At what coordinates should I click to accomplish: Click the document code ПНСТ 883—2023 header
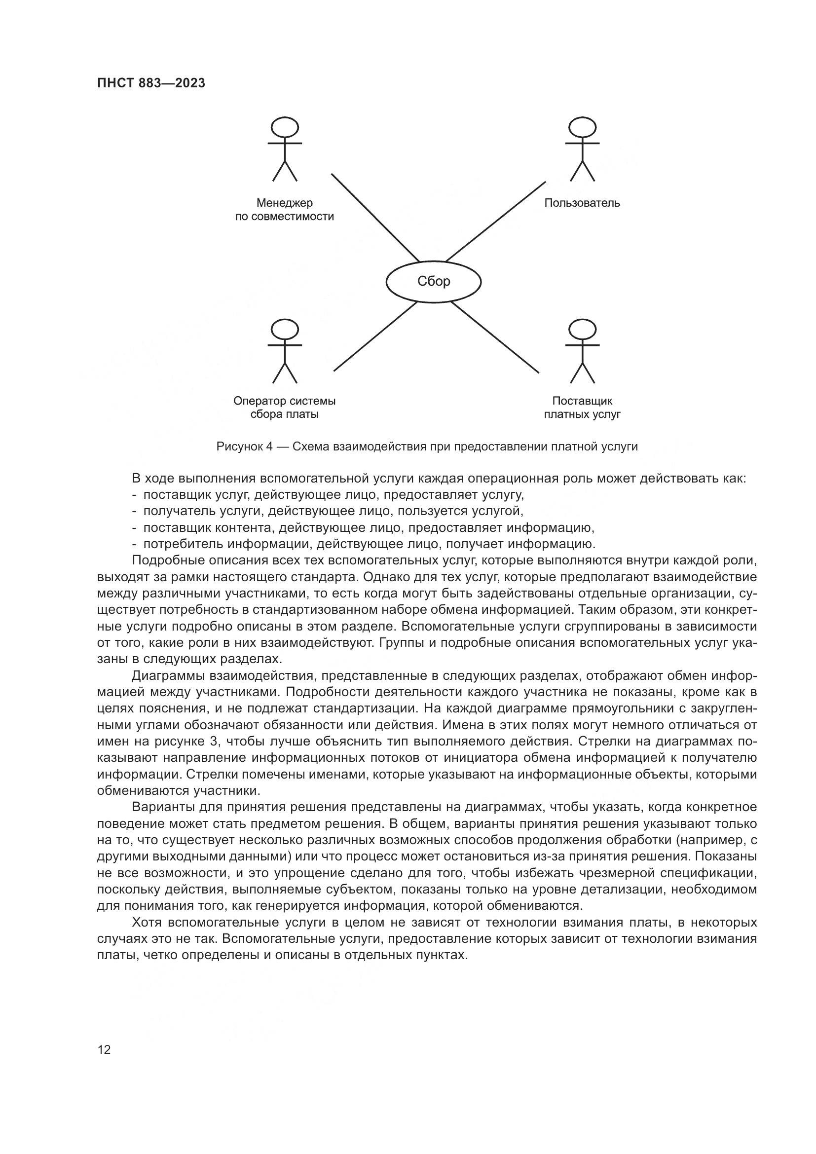pyautogui.click(x=151, y=83)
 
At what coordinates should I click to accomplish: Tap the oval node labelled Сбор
pyautogui.click(x=433, y=281)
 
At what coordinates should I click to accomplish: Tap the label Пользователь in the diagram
pyautogui.click(x=582, y=203)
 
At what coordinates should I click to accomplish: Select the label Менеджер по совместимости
pyautogui.click(x=284, y=210)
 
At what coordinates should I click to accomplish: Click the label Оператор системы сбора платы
pyautogui.click(x=284, y=408)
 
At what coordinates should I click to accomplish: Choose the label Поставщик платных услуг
pyautogui.click(x=582, y=408)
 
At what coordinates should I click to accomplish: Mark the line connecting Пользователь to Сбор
pyautogui.click(x=495, y=222)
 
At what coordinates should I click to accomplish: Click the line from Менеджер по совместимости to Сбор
pyautogui.click(x=375, y=218)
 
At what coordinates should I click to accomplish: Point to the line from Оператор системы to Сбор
pyautogui.click(x=375, y=337)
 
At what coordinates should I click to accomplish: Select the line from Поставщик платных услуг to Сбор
pyautogui.click(x=495, y=337)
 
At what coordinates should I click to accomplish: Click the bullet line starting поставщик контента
pyautogui.click(x=369, y=528)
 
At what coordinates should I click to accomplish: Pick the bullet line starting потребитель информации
pyautogui.click(x=369, y=544)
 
